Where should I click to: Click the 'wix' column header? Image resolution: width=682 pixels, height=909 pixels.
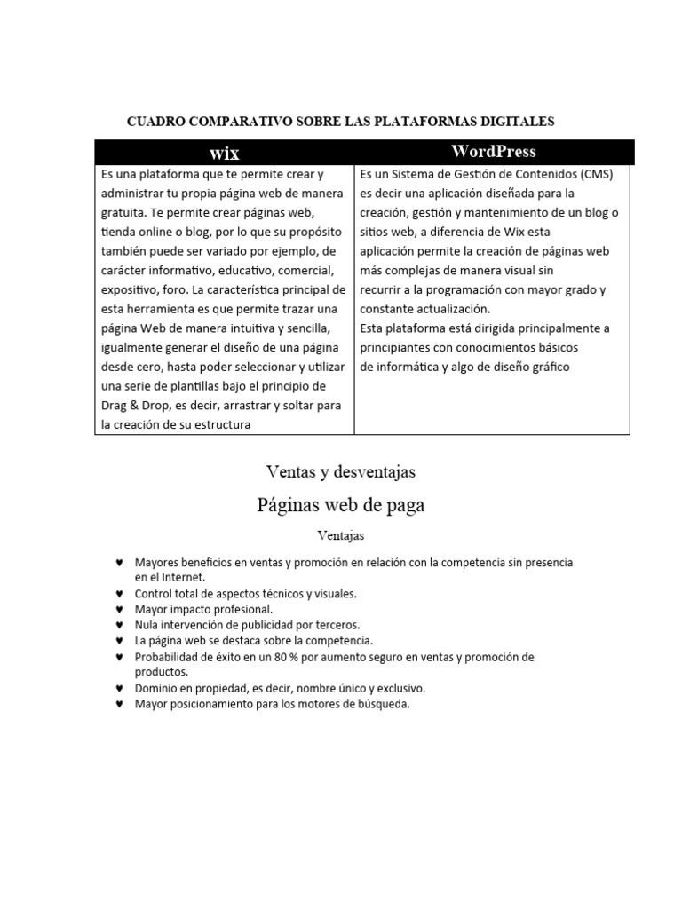224,153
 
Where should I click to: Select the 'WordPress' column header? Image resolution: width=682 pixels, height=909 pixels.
494,151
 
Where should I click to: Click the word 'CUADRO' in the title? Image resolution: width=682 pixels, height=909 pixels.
155,120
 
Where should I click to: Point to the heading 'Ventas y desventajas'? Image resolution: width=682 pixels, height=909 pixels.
341,472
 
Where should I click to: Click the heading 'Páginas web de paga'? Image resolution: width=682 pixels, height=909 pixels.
341,505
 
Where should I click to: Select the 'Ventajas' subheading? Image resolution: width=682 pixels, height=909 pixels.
341,535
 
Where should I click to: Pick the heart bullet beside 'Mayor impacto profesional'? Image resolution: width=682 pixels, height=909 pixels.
119,610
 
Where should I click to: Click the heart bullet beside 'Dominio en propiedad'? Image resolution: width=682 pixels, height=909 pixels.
119,689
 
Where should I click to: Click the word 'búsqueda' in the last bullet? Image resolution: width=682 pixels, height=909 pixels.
384,704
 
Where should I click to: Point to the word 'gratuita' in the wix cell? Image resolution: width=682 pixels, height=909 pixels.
123,212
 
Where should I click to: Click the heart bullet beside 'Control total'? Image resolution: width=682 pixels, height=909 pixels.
119,594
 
